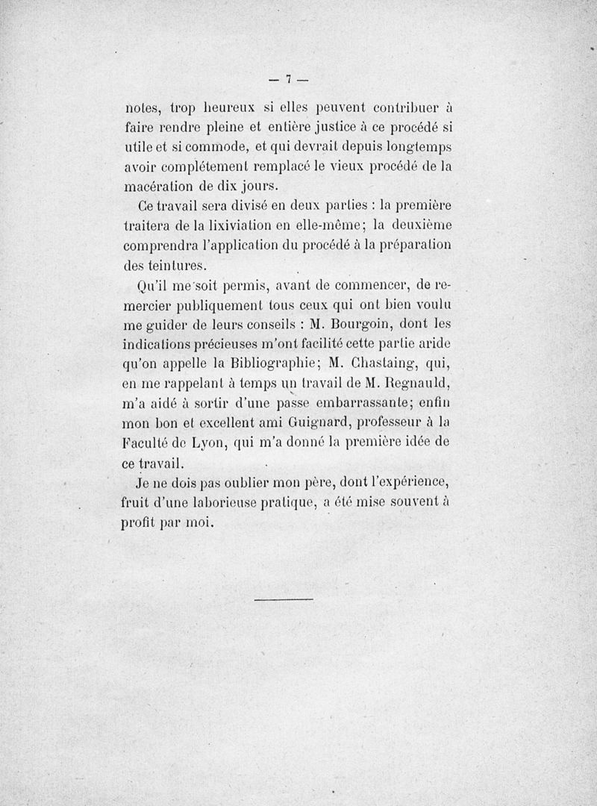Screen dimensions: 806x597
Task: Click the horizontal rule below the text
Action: coord(283,599)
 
